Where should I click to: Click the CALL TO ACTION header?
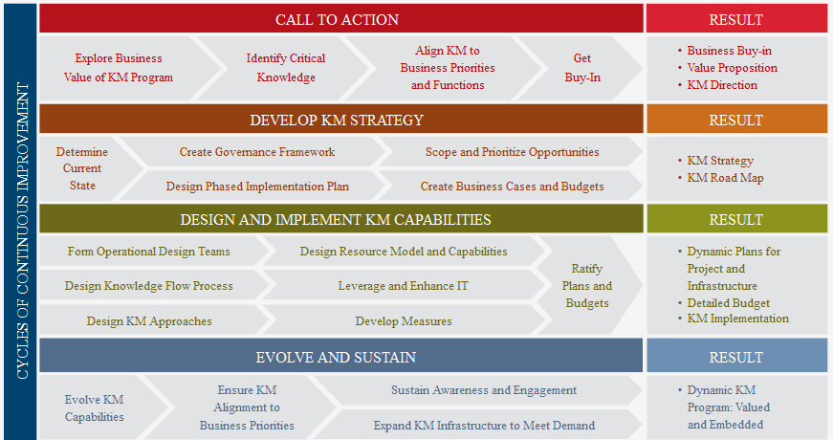pyautogui.click(x=337, y=20)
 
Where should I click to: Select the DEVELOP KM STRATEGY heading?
pyautogui.click(x=337, y=121)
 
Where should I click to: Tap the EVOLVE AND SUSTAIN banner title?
pyautogui.click(x=336, y=357)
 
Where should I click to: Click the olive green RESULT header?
pyautogui.click(x=735, y=219)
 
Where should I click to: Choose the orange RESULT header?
pyautogui.click(x=735, y=121)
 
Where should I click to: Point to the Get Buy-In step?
pyautogui.click(x=582, y=68)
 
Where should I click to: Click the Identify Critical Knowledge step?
pyautogui.click(x=286, y=68)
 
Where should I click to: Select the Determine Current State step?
pyautogui.click(x=82, y=168)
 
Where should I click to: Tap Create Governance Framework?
pyautogui.click(x=257, y=152)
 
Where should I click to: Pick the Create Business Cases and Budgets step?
pyautogui.click(x=512, y=187)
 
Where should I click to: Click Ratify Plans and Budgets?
pyautogui.click(x=587, y=286)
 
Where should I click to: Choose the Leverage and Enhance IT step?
pyautogui.click(x=404, y=286)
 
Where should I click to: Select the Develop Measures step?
pyautogui.click(x=404, y=321)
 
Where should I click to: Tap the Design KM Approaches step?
pyautogui.click(x=149, y=321)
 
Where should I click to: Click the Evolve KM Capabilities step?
pyautogui.click(x=95, y=408)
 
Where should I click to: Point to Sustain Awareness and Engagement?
pyautogui.click(x=484, y=390)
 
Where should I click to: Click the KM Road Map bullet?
pyautogui.click(x=725, y=178)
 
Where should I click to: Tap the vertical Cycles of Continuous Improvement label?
pyautogui.click(x=22, y=231)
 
